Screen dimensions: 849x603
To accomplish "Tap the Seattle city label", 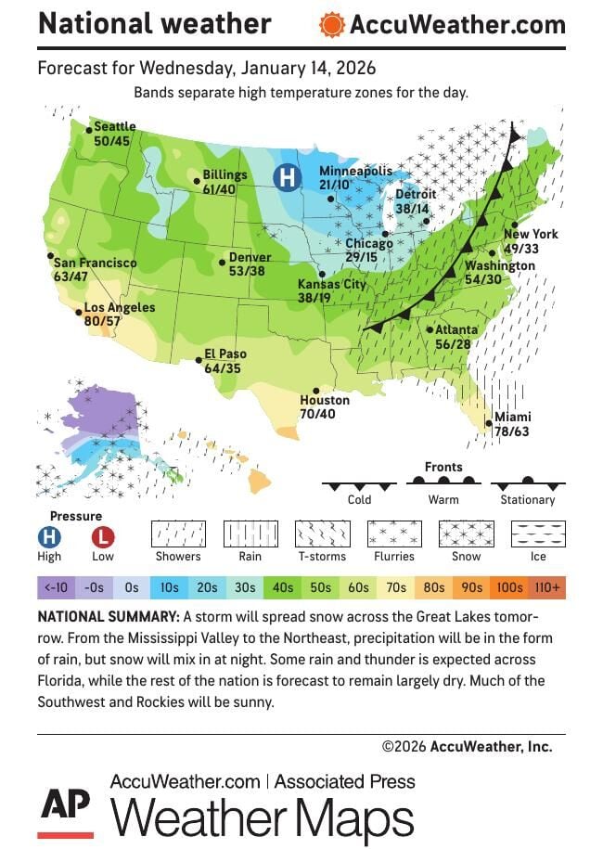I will (x=115, y=126).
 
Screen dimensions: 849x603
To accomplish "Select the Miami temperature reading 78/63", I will (x=512, y=431).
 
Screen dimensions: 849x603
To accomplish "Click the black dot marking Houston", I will (x=317, y=391).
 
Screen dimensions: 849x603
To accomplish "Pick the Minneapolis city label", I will (x=355, y=172).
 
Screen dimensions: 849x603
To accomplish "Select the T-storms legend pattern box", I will (x=322, y=534).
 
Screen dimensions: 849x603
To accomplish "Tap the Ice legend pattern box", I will (x=539, y=534).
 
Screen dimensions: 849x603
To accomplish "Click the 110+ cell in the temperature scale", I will (x=546, y=587).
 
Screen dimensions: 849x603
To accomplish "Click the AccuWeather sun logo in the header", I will (x=331, y=25).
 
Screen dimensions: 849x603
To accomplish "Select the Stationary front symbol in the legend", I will (x=527, y=484).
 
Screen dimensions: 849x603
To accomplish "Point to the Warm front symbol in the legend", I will (x=443, y=482).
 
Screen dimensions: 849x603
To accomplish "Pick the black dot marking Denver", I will (x=222, y=263).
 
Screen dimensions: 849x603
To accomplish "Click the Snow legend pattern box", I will (x=467, y=534).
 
